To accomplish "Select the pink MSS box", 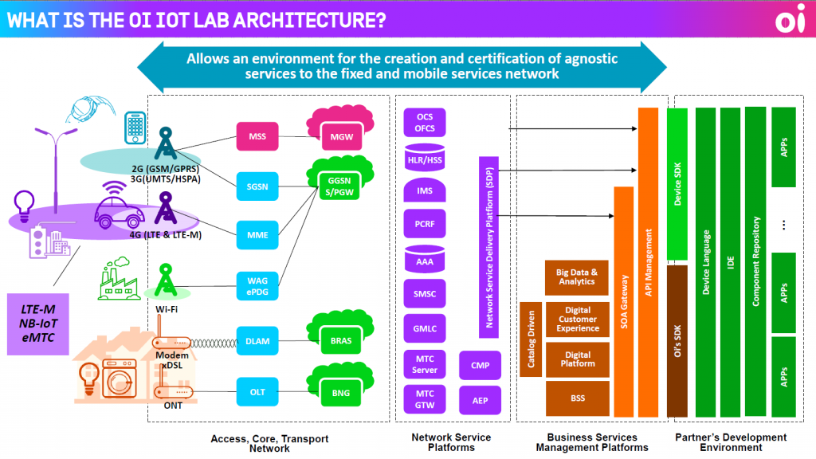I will [x=257, y=137].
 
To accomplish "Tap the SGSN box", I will [x=257, y=186].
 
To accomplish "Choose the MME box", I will [x=257, y=235].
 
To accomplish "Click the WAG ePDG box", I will [x=257, y=285].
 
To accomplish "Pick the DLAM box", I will [x=257, y=341].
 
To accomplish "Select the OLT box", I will [x=257, y=391].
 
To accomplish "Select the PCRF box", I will [x=425, y=225].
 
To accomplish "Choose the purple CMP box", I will [x=480, y=365].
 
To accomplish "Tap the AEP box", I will [x=480, y=400].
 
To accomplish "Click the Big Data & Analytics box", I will [x=576, y=277].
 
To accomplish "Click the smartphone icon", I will [x=135, y=127].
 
